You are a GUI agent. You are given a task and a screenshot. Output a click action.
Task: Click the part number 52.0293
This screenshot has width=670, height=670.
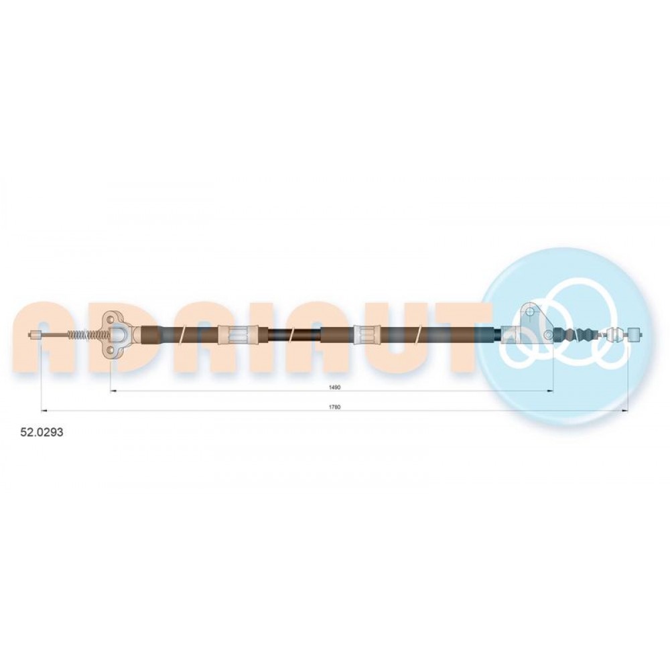point(42,432)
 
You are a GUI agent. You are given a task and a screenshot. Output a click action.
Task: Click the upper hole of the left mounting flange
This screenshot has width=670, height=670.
point(111,319)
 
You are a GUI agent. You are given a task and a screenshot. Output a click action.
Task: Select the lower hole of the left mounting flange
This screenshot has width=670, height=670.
point(111,350)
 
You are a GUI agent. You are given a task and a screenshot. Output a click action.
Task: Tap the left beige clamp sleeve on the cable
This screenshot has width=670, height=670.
point(239,334)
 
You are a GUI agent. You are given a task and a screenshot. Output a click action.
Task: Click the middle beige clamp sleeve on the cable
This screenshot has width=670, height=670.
point(367,334)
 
